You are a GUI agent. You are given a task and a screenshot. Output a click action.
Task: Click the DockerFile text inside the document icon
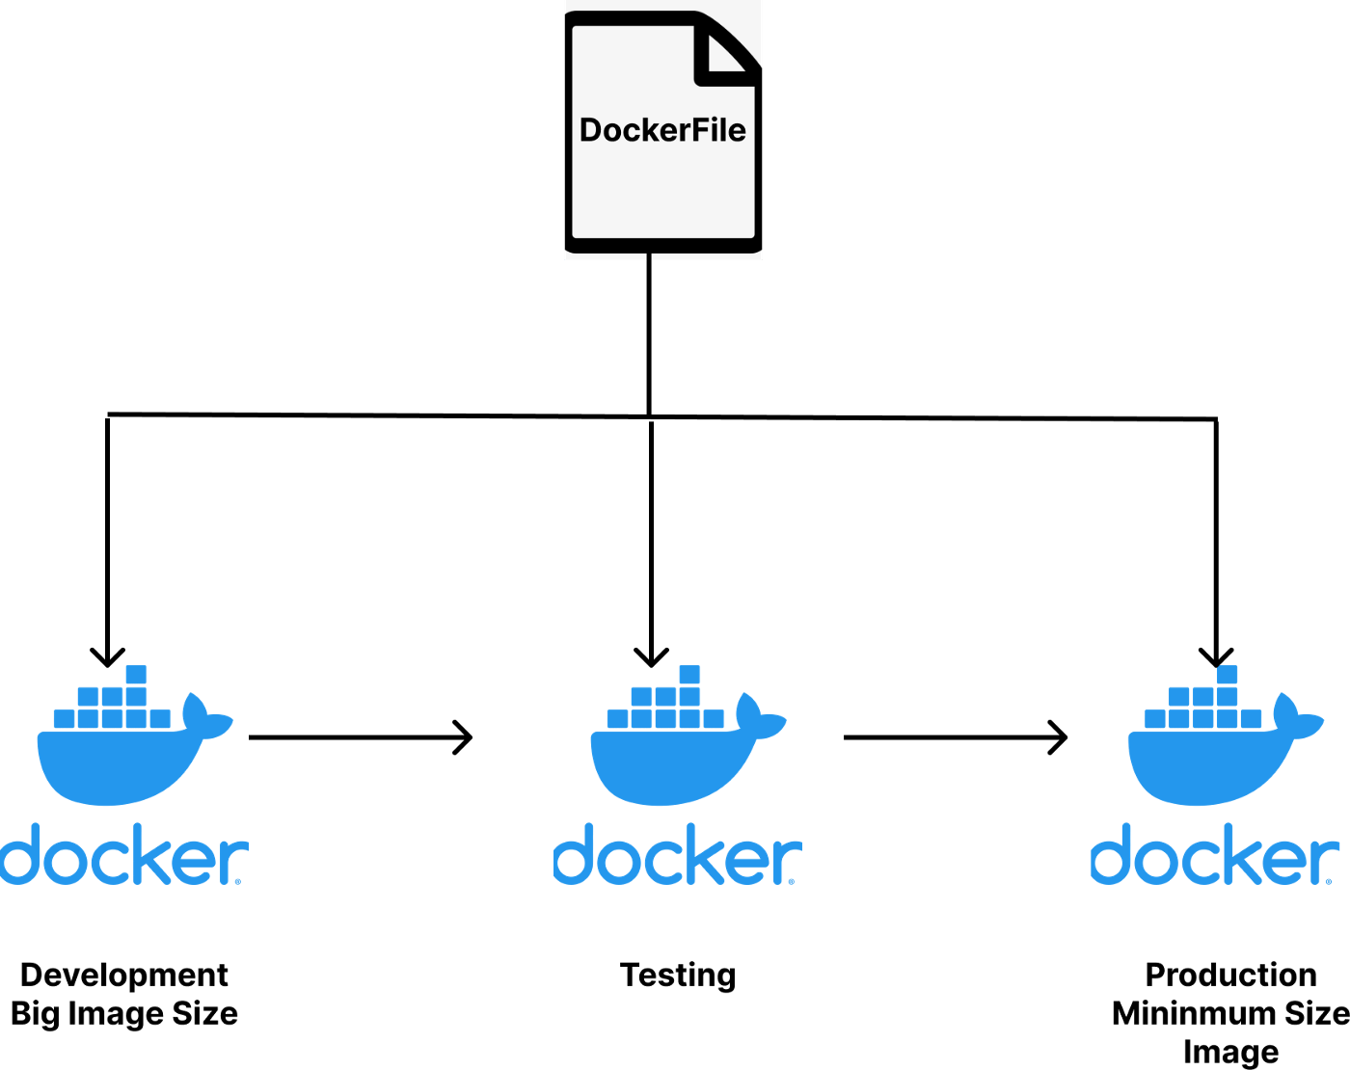click(x=662, y=130)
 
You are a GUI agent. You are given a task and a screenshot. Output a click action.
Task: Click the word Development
click(x=124, y=975)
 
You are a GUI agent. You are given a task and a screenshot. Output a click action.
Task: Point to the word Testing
click(x=678, y=975)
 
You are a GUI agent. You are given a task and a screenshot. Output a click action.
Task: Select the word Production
click(x=1230, y=975)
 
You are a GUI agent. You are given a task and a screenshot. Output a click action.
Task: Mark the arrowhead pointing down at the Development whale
click(x=107, y=657)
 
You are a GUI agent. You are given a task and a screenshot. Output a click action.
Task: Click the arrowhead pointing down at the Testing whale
click(x=652, y=657)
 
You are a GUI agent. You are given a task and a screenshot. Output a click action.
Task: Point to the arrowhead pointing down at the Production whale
click(x=1216, y=657)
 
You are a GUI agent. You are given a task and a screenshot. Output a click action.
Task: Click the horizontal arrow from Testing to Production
click(x=955, y=737)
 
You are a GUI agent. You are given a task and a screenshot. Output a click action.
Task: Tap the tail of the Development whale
click(x=206, y=717)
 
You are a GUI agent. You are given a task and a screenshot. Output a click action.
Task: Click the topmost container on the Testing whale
click(x=689, y=674)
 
